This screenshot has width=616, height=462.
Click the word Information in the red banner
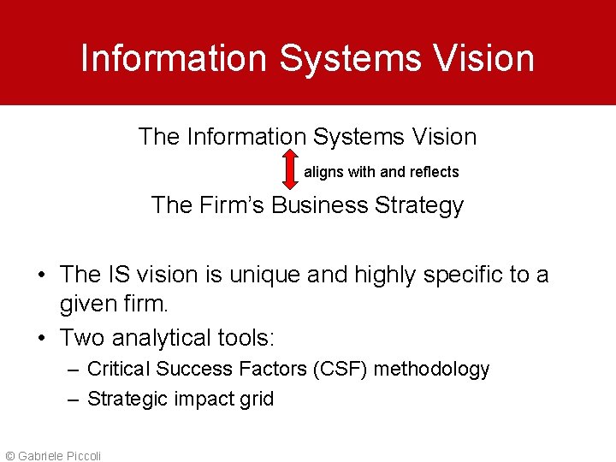pyautogui.click(x=174, y=58)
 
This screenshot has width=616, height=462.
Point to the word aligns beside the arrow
pyautogui.click(x=323, y=172)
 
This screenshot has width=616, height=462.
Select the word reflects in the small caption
pyautogui.click(x=435, y=172)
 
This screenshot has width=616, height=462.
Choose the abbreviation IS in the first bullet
pyautogui.click(x=119, y=275)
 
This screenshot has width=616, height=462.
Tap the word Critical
pyautogui.click(x=118, y=370)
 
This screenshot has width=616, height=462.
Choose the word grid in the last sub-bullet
pyautogui.click(x=258, y=400)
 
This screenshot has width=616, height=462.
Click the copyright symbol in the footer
pyautogui.click(x=10, y=455)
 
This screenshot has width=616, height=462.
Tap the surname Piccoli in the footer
pyautogui.click(x=82, y=455)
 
